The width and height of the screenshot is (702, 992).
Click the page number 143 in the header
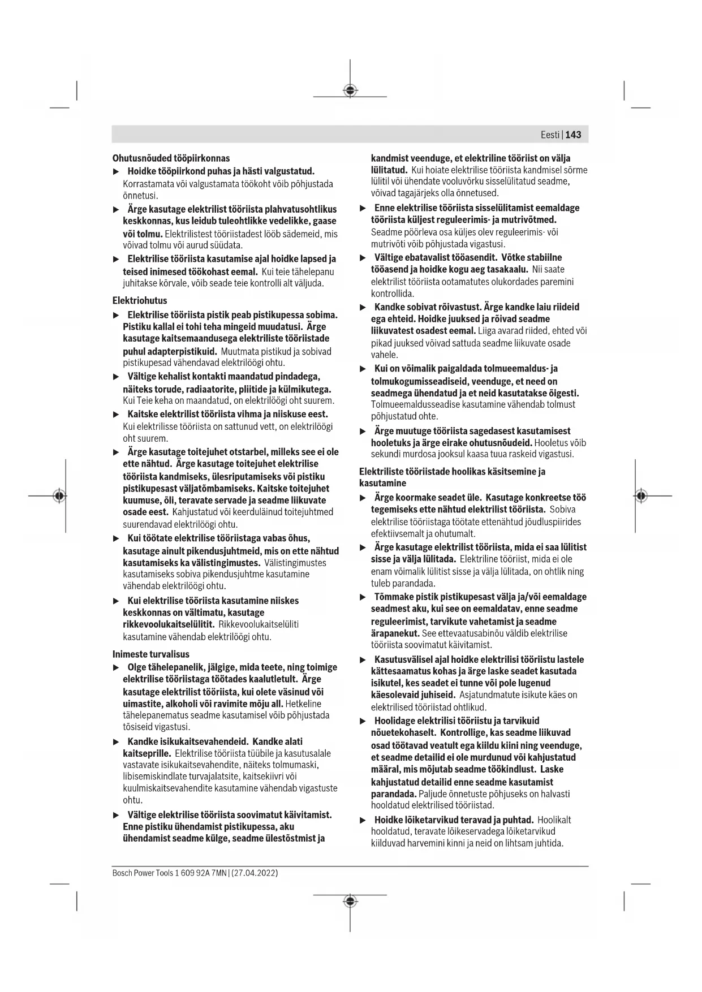pos(573,135)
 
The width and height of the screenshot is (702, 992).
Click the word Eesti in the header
pos(550,135)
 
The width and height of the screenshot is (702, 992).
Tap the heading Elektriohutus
pos(140,300)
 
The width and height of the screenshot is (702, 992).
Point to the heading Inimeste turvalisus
pos(151,654)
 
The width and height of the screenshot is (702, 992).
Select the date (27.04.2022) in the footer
pos(255,873)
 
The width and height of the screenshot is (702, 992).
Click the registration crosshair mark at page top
pos(350,90)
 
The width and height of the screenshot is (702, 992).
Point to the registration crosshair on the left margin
pos(59,496)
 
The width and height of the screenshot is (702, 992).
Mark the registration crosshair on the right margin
pos(641,496)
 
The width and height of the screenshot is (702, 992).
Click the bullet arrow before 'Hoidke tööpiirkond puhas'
pos(117,171)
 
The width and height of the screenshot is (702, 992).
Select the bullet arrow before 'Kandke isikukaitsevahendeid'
pos(117,741)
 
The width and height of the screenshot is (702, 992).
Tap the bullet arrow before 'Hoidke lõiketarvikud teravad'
pos(363,820)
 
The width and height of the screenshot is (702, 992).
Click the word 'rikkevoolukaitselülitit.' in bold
pos(169,624)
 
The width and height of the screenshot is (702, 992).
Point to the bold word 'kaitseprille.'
pos(147,753)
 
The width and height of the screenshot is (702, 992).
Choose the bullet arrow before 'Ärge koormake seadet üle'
pos(363,498)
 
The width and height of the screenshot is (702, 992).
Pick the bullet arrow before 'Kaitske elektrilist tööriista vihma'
pos(117,415)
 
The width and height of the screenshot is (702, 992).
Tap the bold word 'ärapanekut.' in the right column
pos(395,633)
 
